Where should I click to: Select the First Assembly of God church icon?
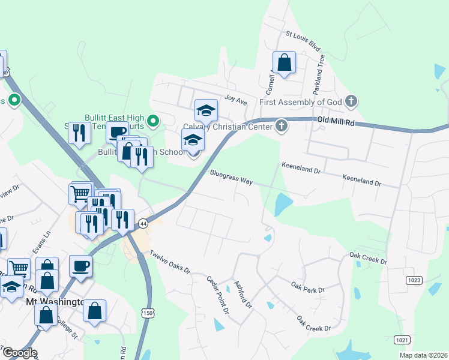[352, 101]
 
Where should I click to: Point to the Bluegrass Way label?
[231, 176]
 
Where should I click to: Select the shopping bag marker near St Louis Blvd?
[284, 62]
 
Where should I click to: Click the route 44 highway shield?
[143, 223]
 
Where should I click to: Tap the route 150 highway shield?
[148, 313]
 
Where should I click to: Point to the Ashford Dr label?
[243, 295]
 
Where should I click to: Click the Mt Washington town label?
[53, 302]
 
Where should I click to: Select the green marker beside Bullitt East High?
[153, 122]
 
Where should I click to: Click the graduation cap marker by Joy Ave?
[206, 110]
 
